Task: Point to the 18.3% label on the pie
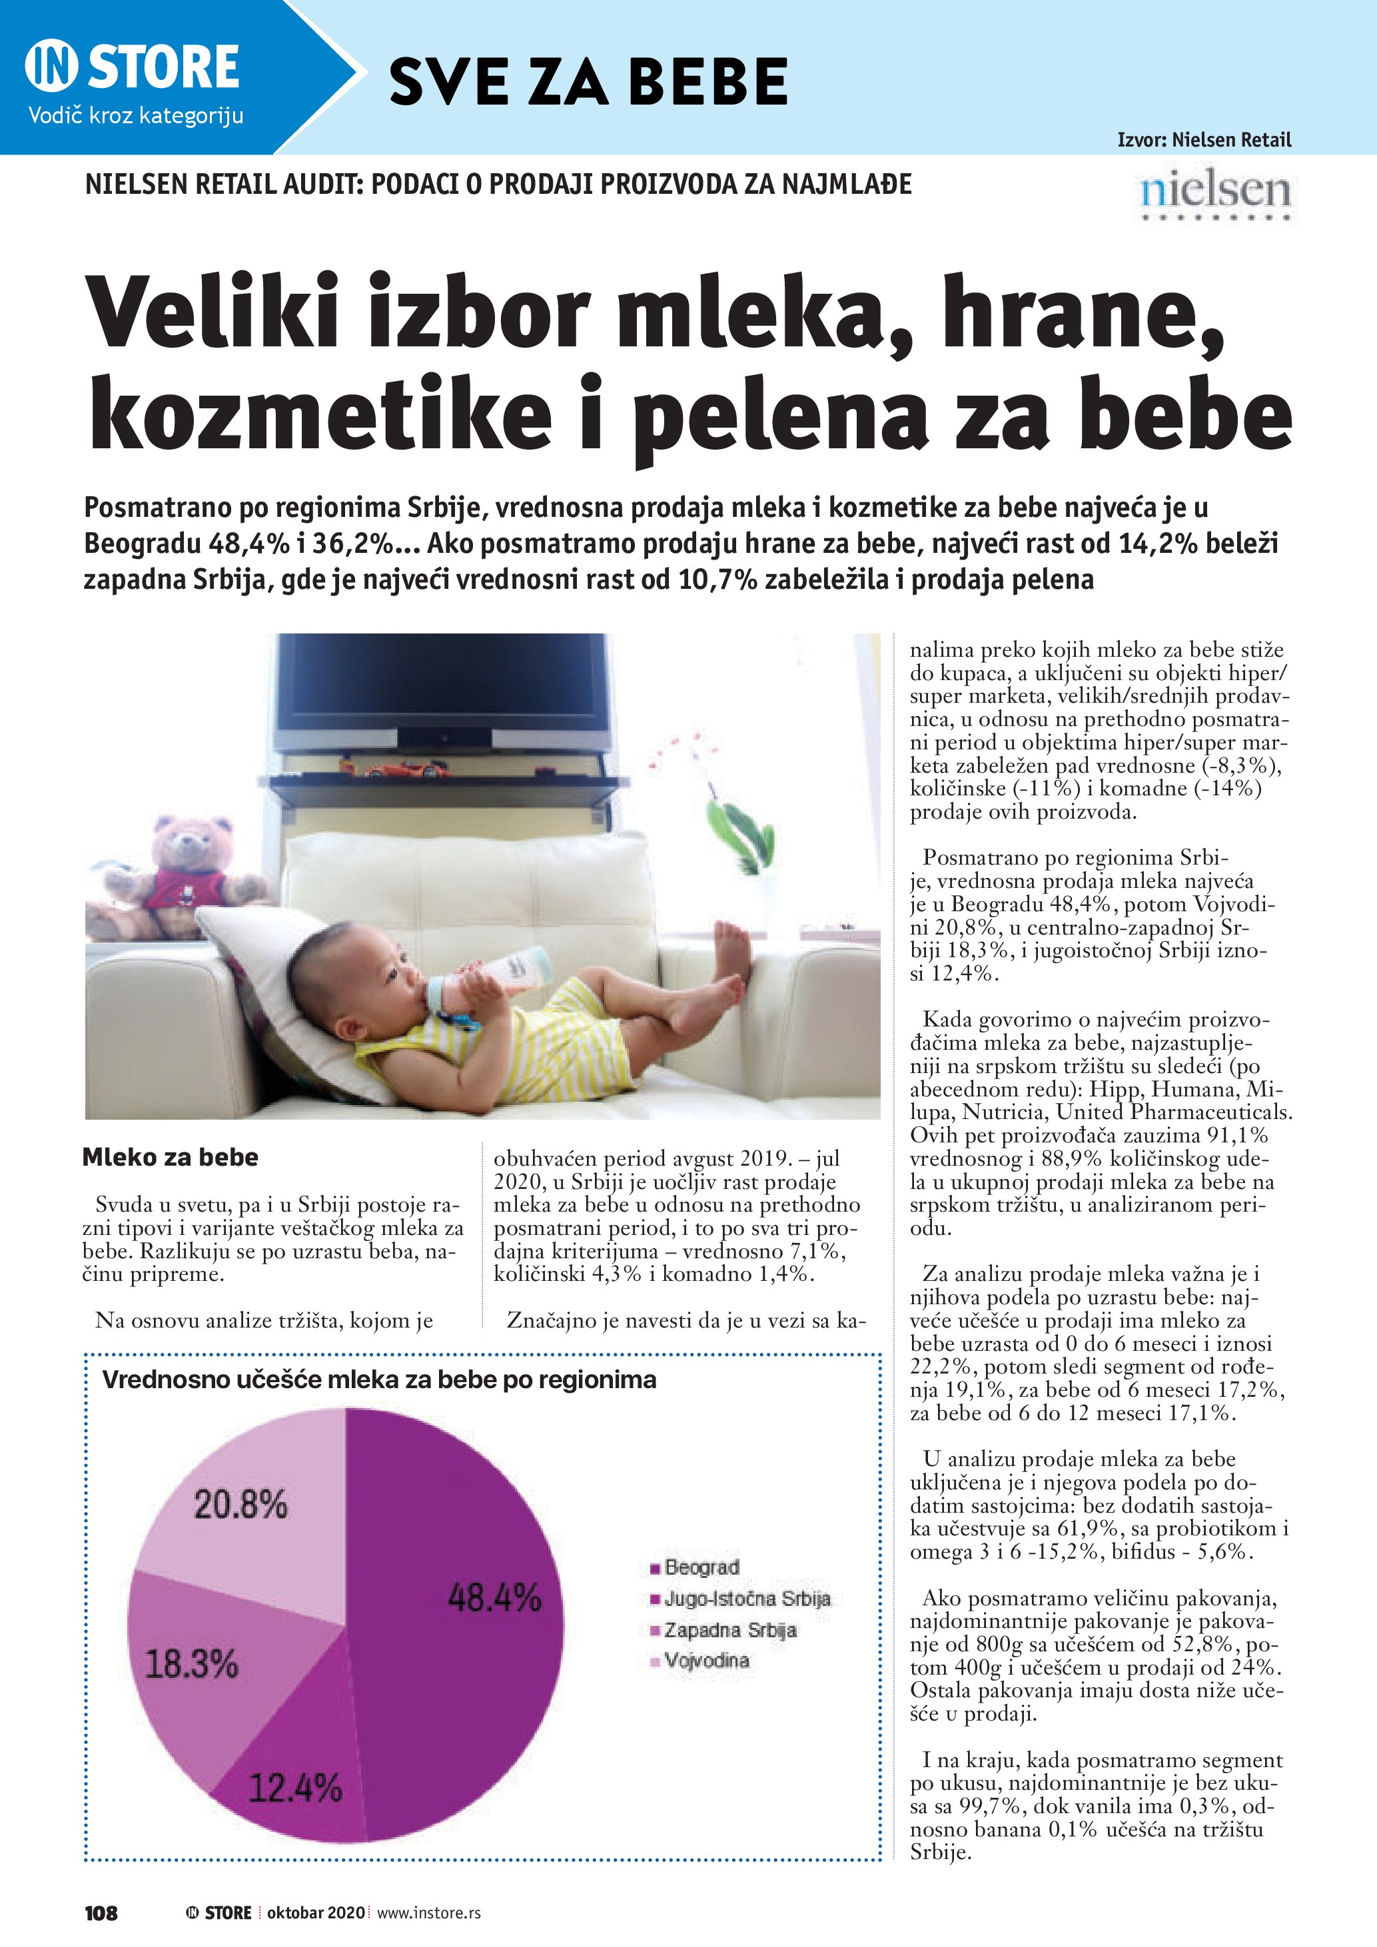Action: click(x=192, y=1664)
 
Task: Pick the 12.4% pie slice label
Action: click(x=295, y=1788)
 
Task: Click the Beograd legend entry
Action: click(x=700, y=1567)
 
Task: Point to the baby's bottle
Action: click(x=492, y=974)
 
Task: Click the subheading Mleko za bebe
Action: click(x=171, y=1158)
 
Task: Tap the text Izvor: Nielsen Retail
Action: click(x=1204, y=140)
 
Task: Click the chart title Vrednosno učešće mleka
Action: click(x=379, y=1379)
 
